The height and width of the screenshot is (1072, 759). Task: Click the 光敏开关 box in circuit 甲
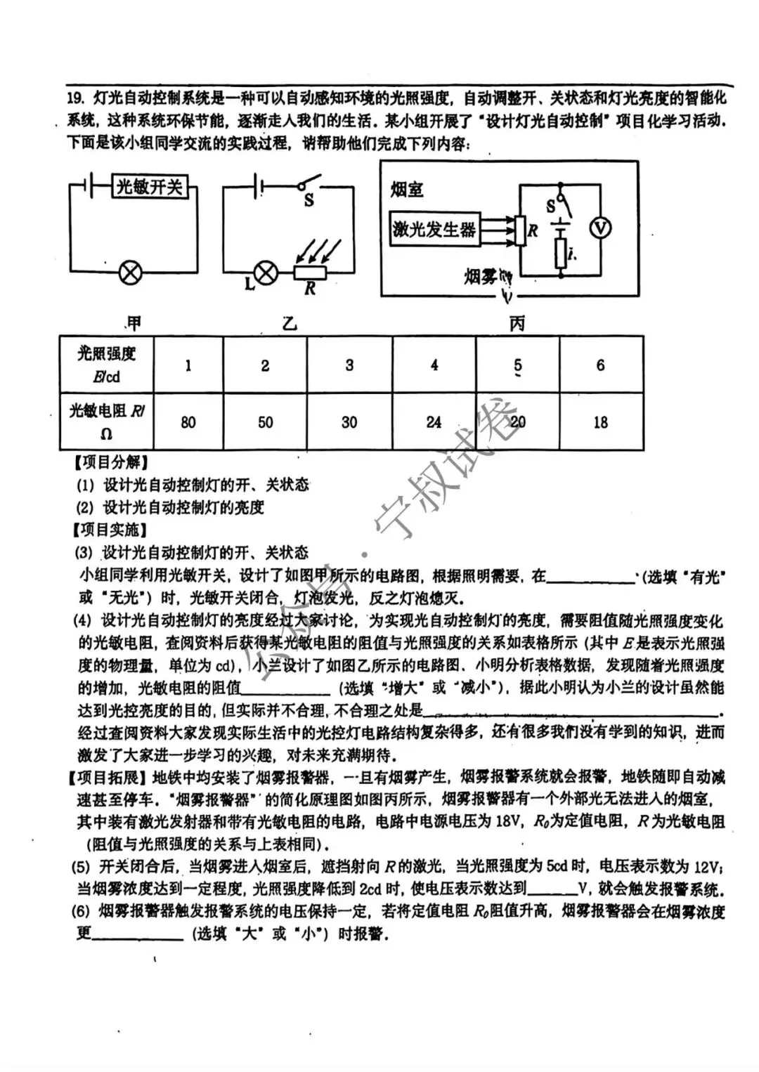150,186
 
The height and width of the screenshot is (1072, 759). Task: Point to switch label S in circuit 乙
309,201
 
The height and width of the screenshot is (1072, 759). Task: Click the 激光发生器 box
434,229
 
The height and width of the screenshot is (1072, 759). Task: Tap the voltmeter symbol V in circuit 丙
600,228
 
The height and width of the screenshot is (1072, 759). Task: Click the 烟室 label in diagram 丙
407,190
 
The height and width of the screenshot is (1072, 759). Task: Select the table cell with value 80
188,422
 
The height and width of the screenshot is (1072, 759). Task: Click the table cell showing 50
266,422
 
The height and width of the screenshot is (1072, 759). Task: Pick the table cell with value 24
434,422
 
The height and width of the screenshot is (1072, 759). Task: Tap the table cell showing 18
600,422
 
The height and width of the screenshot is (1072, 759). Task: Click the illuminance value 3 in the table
350,365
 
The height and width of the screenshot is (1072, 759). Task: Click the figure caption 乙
290,323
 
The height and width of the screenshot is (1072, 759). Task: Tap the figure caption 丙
517,323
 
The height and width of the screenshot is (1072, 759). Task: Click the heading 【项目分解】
111,462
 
